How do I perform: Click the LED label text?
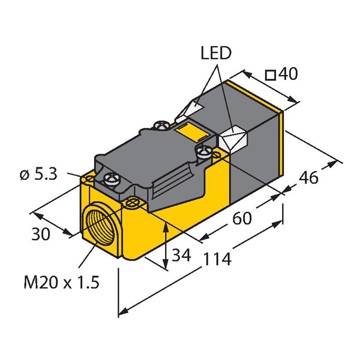pos(216,53)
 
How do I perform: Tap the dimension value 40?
pos(288,74)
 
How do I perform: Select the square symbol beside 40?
pos(270,76)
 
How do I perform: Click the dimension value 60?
pos(242,218)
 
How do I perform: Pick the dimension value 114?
pos(217,259)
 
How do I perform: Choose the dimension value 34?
pos(181,255)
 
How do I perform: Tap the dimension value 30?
pos(41,234)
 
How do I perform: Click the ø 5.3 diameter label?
pos(38,175)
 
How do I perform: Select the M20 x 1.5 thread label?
pos(62,282)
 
